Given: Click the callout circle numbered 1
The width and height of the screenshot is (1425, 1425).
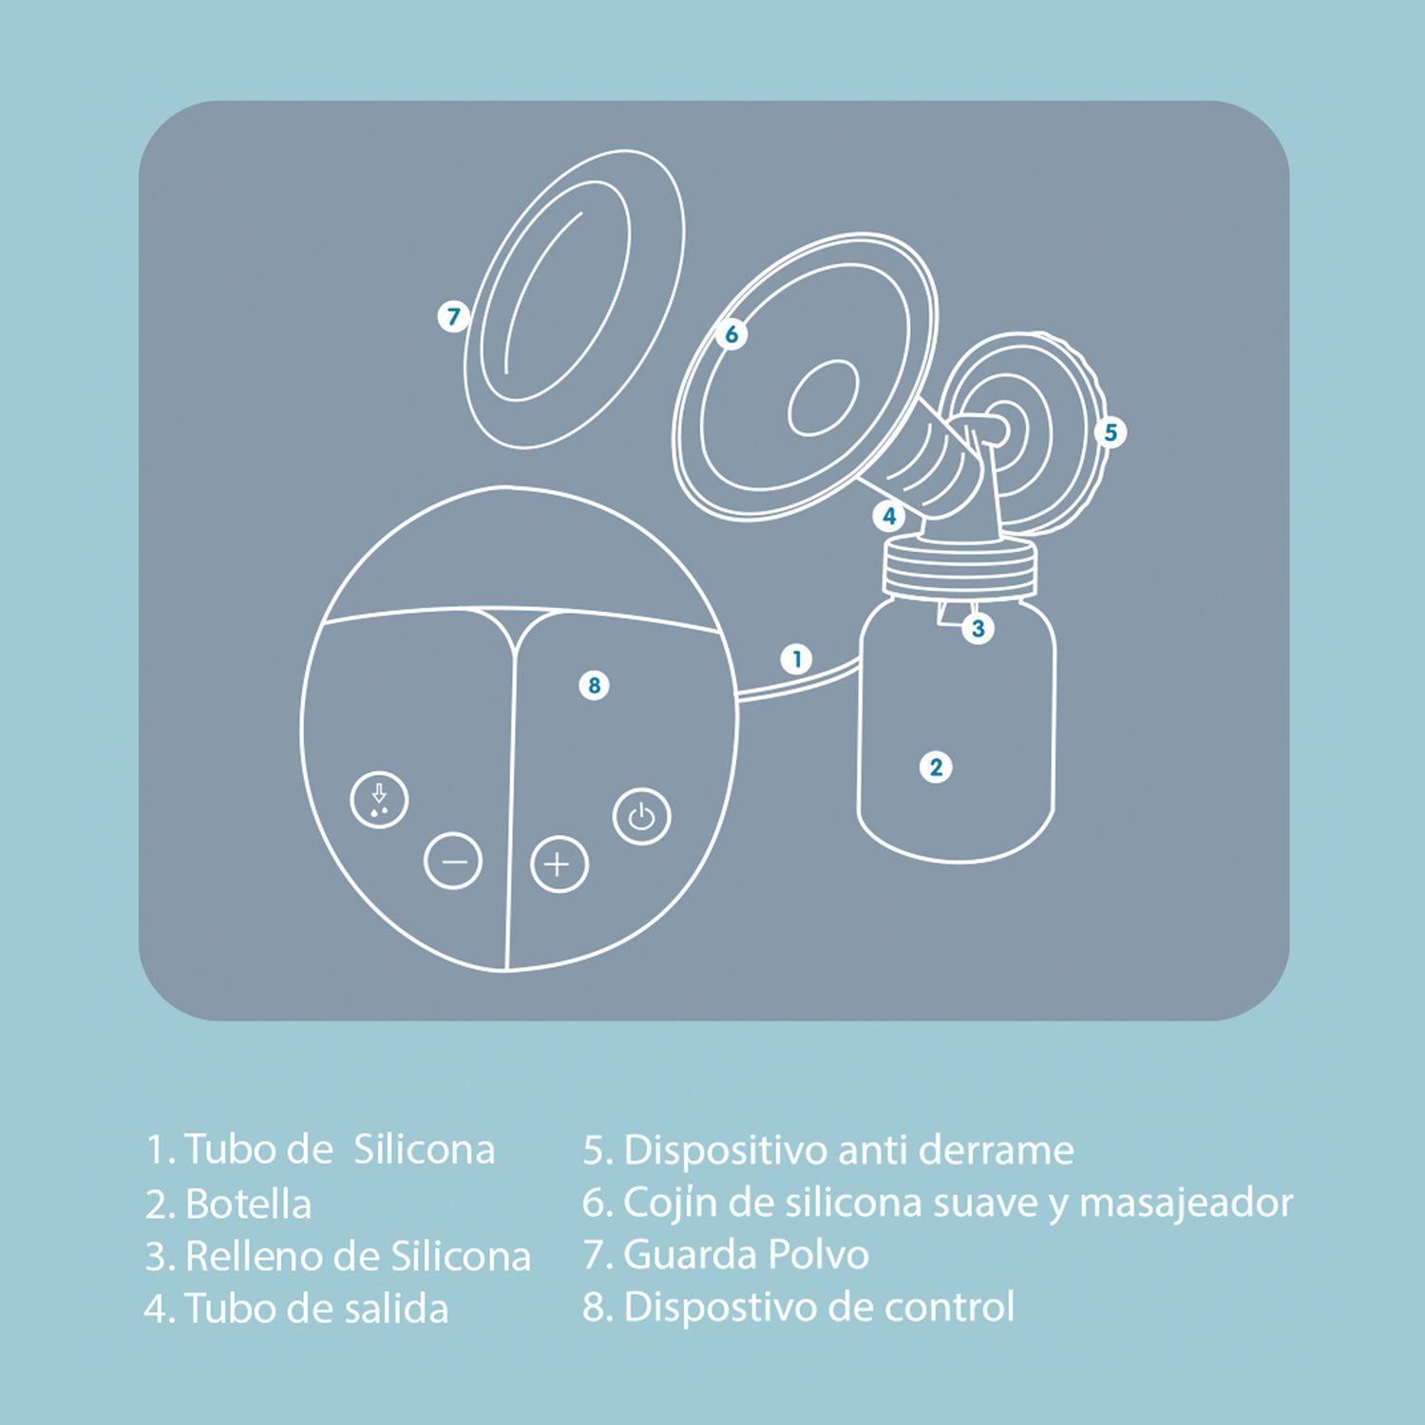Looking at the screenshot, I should point(797,658).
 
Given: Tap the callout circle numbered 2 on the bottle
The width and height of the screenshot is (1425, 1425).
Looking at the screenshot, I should point(936,767).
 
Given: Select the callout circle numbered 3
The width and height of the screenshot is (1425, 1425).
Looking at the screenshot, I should point(978,628).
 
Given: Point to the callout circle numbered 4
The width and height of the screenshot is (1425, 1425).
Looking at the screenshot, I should point(889,516).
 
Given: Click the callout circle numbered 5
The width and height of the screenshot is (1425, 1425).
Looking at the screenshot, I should point(1110,433).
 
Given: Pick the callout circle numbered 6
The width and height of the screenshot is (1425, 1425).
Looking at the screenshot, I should point(731,334).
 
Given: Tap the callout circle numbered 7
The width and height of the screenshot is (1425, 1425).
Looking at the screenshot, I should point(454,316).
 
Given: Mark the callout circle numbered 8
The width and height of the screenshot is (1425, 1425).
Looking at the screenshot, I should point(594,685).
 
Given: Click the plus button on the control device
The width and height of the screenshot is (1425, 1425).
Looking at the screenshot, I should point(559,864).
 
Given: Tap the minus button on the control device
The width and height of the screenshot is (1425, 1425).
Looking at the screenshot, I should point(453,861).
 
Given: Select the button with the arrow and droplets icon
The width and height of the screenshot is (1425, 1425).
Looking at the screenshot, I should point(379,800).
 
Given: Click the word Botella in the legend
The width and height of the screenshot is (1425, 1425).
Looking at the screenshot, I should point(248,1204).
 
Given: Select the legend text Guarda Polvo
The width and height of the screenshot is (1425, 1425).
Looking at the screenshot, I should point(745,1255).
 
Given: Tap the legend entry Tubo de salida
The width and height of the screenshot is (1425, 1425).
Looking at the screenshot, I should point(315,1308).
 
